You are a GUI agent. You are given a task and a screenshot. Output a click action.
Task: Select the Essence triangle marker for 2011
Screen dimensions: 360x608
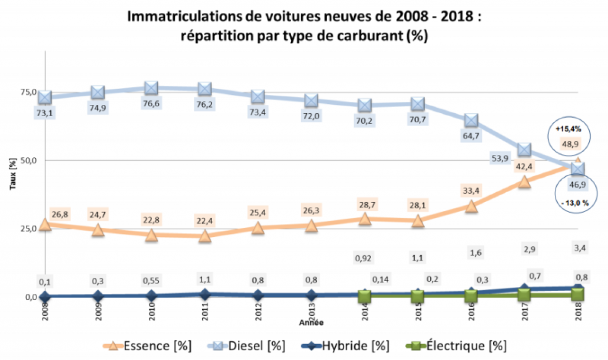coord(205,236)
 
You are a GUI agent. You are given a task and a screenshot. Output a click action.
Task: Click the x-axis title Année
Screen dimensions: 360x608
coord(311,323)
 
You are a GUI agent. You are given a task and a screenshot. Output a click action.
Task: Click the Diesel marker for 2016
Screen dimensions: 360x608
coord(471,120)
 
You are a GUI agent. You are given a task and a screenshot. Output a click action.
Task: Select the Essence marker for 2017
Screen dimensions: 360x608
coord(525,182)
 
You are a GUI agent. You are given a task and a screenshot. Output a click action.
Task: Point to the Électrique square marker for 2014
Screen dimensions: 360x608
coord(365,296)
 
